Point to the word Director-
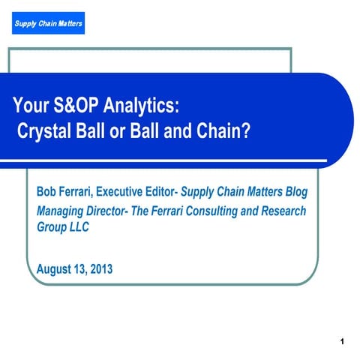115,211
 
